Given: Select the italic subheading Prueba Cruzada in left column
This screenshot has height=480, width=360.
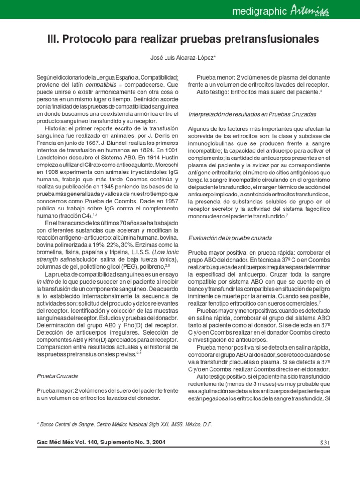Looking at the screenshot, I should tap(57, 376).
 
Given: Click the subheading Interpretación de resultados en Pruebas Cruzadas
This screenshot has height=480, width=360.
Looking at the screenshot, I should tap(252, 114).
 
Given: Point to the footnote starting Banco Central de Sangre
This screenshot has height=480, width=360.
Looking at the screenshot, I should tap(124, 424).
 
